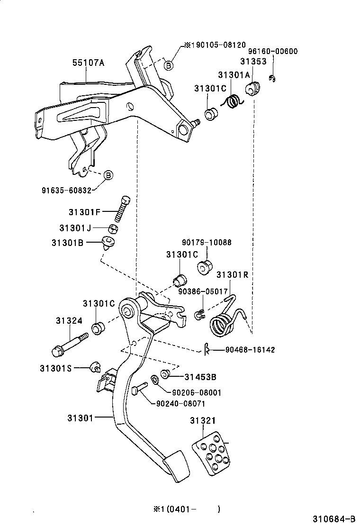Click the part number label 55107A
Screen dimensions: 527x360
click(x=88, y=62)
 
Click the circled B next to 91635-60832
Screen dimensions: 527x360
click(x=108, y=175)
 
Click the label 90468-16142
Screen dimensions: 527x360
click(x=250, y=350)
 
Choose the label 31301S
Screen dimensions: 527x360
click(x=56, y=367)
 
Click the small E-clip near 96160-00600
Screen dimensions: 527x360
click(x=272, y=79)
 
